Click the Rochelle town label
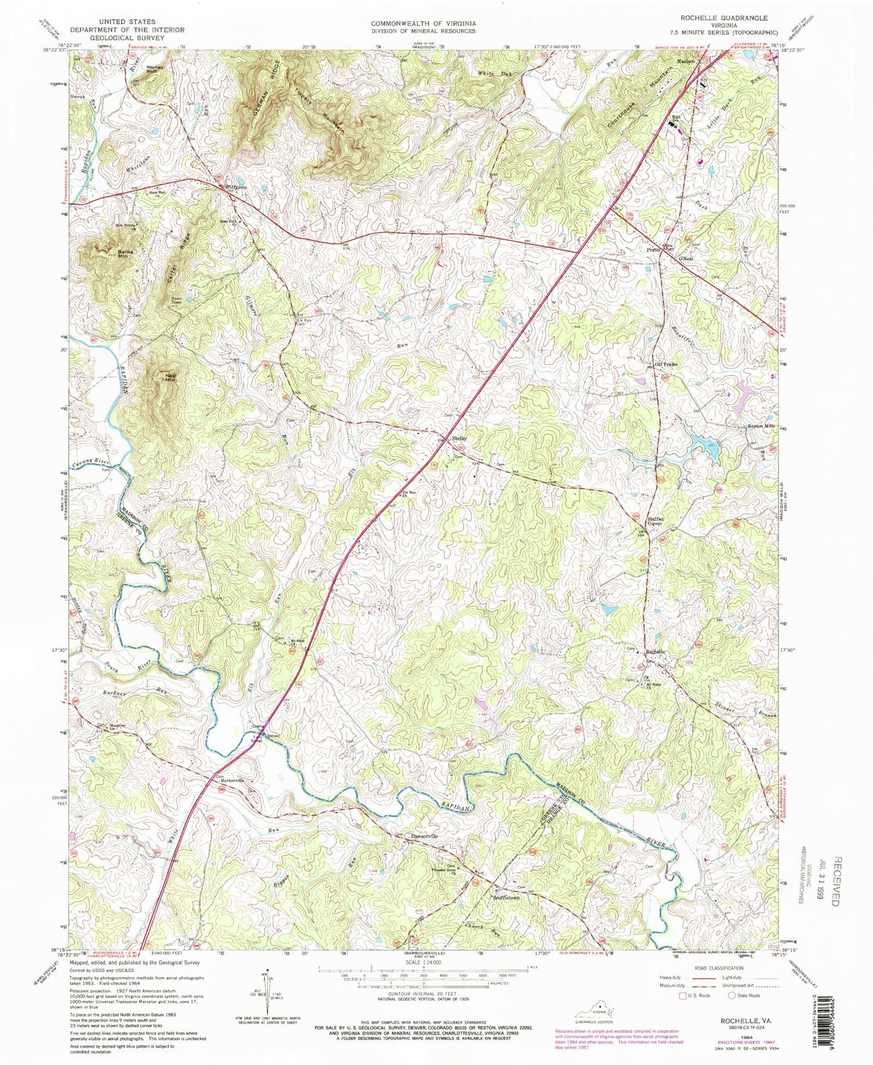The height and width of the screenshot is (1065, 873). (655, 653)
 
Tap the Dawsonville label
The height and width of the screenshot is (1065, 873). (424, 836)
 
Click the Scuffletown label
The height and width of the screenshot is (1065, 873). (506, 897)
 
